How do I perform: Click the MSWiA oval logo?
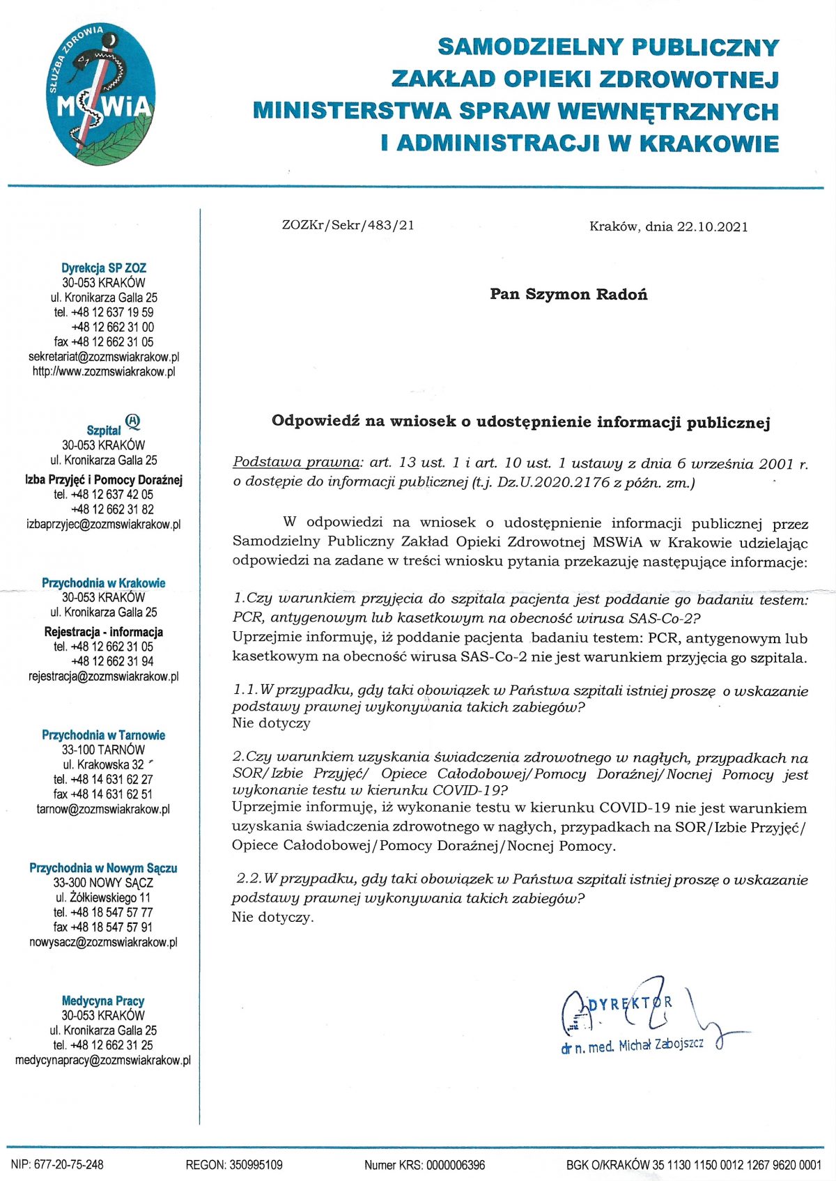point(105,94)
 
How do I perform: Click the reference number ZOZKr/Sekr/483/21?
point(348,225)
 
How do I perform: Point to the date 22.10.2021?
point(713,226)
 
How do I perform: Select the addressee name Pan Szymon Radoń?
point(568,294)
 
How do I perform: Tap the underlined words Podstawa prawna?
point(297,462)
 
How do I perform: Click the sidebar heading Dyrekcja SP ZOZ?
point(104,268)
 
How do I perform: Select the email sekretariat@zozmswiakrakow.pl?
point(104,357)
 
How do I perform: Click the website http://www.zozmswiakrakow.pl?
point(104,371)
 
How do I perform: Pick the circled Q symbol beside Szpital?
point(133,421)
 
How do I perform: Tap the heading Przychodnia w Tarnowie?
point(104,735)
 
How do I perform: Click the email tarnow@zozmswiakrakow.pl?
point(103,809)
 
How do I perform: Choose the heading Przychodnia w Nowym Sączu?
point(103,868)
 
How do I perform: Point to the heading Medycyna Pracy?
point(103,1001)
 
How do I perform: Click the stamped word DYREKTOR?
point(630,1003)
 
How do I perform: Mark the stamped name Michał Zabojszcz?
point(661,1044)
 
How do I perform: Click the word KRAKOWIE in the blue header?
point(709,144)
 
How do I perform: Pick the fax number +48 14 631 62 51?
point(112,794)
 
